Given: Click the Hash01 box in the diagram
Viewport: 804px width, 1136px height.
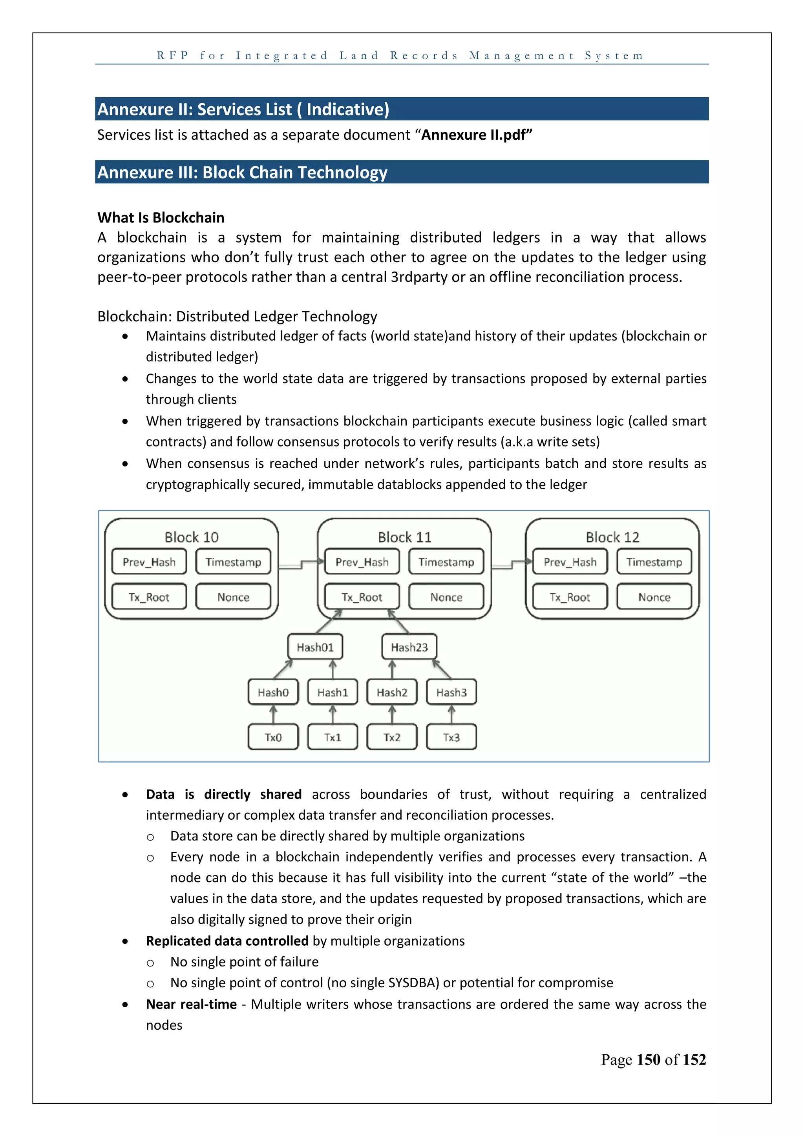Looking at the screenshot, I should [x=315, y=647].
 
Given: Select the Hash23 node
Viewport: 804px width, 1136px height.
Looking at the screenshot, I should [x=409, y=647].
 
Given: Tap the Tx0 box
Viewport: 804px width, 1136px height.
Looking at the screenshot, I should [x=273, y=737].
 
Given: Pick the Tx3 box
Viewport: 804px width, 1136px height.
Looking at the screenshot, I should [x=451, y=737].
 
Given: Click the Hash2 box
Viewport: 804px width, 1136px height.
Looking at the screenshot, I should [x=392, y=692].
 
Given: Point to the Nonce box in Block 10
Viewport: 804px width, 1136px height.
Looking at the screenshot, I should [x=233, y=597].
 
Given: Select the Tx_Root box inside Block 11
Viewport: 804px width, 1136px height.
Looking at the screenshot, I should [x=362, y=597].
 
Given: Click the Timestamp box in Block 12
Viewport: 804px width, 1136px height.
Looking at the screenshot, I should [x=654, y=562].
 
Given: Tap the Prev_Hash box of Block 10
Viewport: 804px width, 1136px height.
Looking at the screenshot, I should [x=149, y=562].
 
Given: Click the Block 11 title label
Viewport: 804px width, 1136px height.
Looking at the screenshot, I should [x=404, y=537].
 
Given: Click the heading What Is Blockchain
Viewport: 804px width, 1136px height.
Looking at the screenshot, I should [x=161, y=218].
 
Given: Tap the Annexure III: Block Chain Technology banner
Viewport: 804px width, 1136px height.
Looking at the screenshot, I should [x=402, y=172].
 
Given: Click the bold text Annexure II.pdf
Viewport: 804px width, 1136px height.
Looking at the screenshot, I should [x=476, y=135].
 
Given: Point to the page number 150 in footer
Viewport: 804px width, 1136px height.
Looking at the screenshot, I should [x=648, y=1059].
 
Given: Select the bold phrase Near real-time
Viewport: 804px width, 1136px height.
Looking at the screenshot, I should [x=191, y=1004].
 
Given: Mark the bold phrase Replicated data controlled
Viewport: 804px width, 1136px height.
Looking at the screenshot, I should [x=227, y=941].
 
